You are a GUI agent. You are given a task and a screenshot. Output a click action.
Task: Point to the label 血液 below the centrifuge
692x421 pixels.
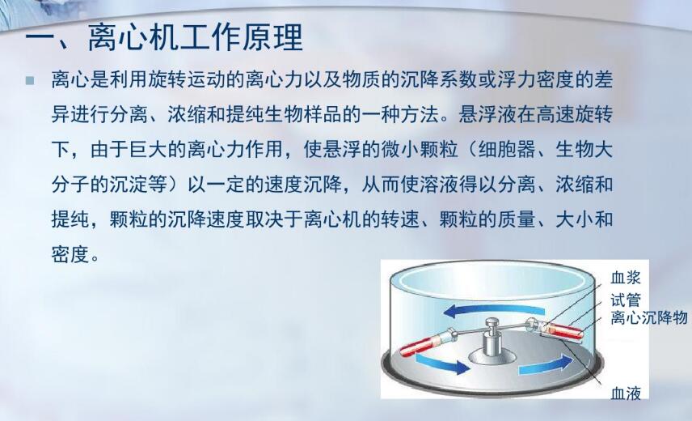click(627, 394)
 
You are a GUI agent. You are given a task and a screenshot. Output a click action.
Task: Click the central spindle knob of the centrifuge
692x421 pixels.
click(492, 326)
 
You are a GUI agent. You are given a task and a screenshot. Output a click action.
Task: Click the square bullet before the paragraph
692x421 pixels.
click(31, 81)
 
